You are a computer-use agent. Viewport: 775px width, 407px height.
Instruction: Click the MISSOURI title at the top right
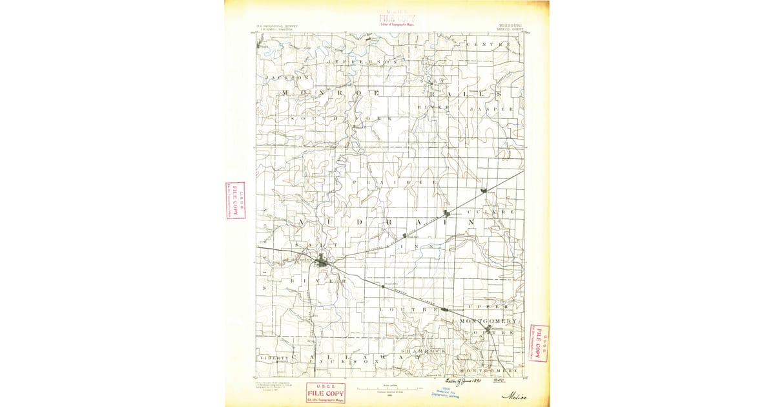tap(512, 24)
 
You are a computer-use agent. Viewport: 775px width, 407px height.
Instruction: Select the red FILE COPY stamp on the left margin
tap(235, 200)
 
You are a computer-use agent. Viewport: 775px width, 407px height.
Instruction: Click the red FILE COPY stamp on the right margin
tap(539, 343)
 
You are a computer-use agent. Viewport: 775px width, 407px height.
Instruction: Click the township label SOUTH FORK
tap(343, 120)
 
